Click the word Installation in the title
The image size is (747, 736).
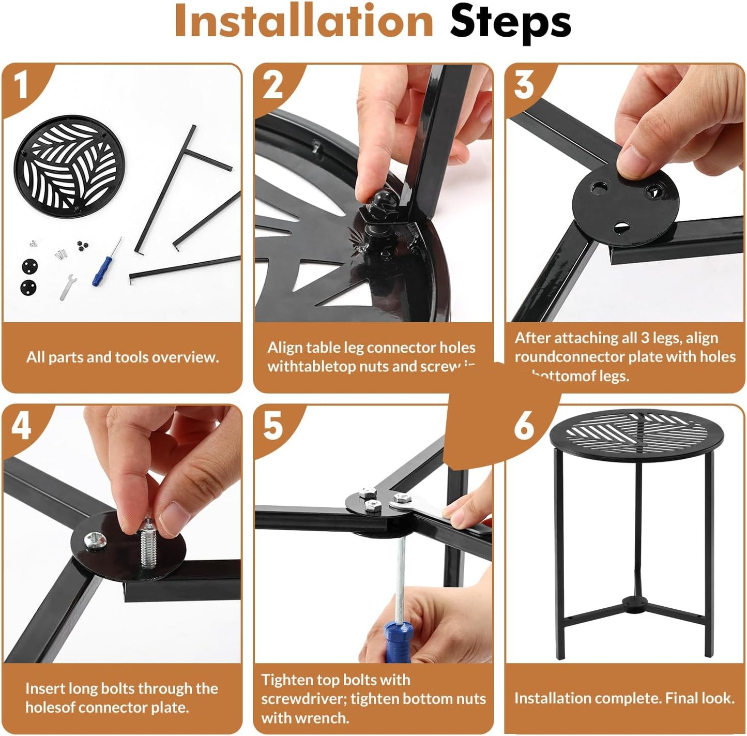click(x=304, y=21)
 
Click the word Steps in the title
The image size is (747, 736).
click(x=510, y=23)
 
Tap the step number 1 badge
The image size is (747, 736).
click(x=21, y=85)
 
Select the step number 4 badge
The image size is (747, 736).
click(x=21, y=427)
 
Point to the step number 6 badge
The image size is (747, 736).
click(x=524, y=427)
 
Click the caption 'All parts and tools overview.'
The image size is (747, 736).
click(x=123, y=357)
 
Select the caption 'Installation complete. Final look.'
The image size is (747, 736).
click(x=624, y=698)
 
